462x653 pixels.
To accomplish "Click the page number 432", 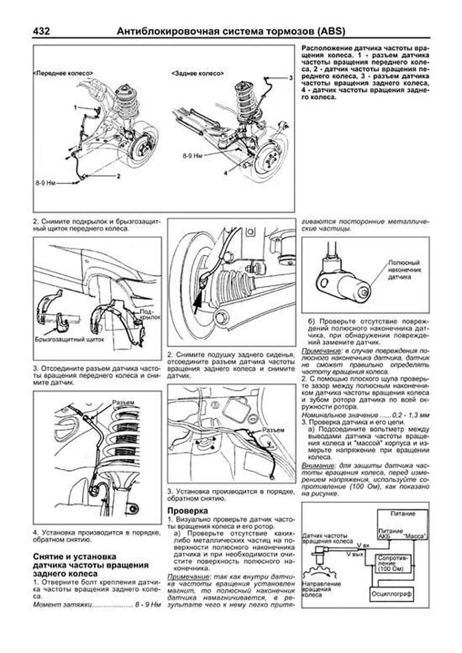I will pyautogui.click(x=41, y=31).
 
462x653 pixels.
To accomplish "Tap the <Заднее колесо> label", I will pyautogui.click(x=198, y=73).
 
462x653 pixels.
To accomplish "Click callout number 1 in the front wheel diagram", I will pyautogui.click(x=76, y=107).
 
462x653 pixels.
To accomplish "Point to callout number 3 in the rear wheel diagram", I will pyautogui.click(x=291, y=78).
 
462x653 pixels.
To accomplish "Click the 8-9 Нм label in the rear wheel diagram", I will pyautogui.click(x=192, y=155).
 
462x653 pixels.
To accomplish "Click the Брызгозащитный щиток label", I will pyautogui.click(x=70, y=340).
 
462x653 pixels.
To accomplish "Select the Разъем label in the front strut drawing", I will pyautogui.click(x=123, y=402).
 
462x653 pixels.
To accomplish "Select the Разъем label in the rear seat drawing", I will pyautogui.click(x=273, y=430).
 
